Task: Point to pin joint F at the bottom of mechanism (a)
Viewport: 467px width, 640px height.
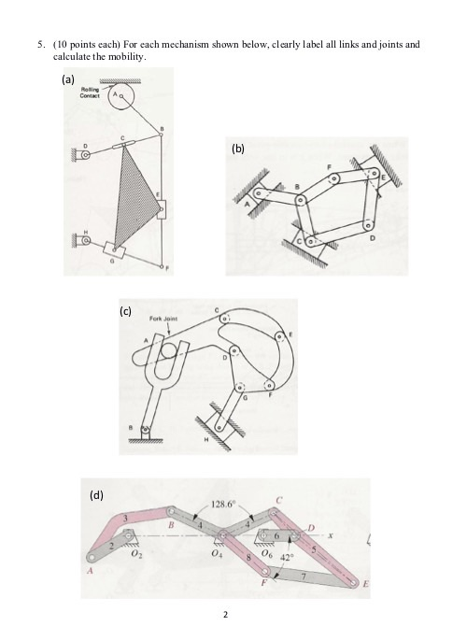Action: [163, 267]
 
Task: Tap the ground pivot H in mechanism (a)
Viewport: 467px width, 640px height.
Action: [87, 240]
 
